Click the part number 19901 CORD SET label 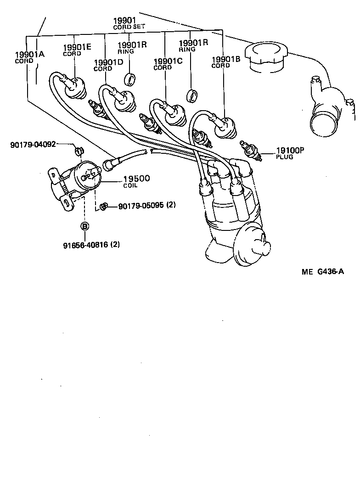coord(129,23)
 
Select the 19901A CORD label coord(29,57)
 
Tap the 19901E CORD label coord(77,50)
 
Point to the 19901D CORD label coord(108,65)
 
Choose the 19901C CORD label coord(168,64)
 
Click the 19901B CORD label coord(226,62)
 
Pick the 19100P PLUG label coord(290,152)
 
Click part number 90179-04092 coord(33,145)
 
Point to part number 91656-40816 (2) coord(91,245)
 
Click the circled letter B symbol coord(84,226)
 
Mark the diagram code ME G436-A coord(329,271)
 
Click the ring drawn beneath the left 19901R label coord(131,79)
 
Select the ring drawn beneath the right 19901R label coord(192,95)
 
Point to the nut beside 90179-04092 coord(78,150)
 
